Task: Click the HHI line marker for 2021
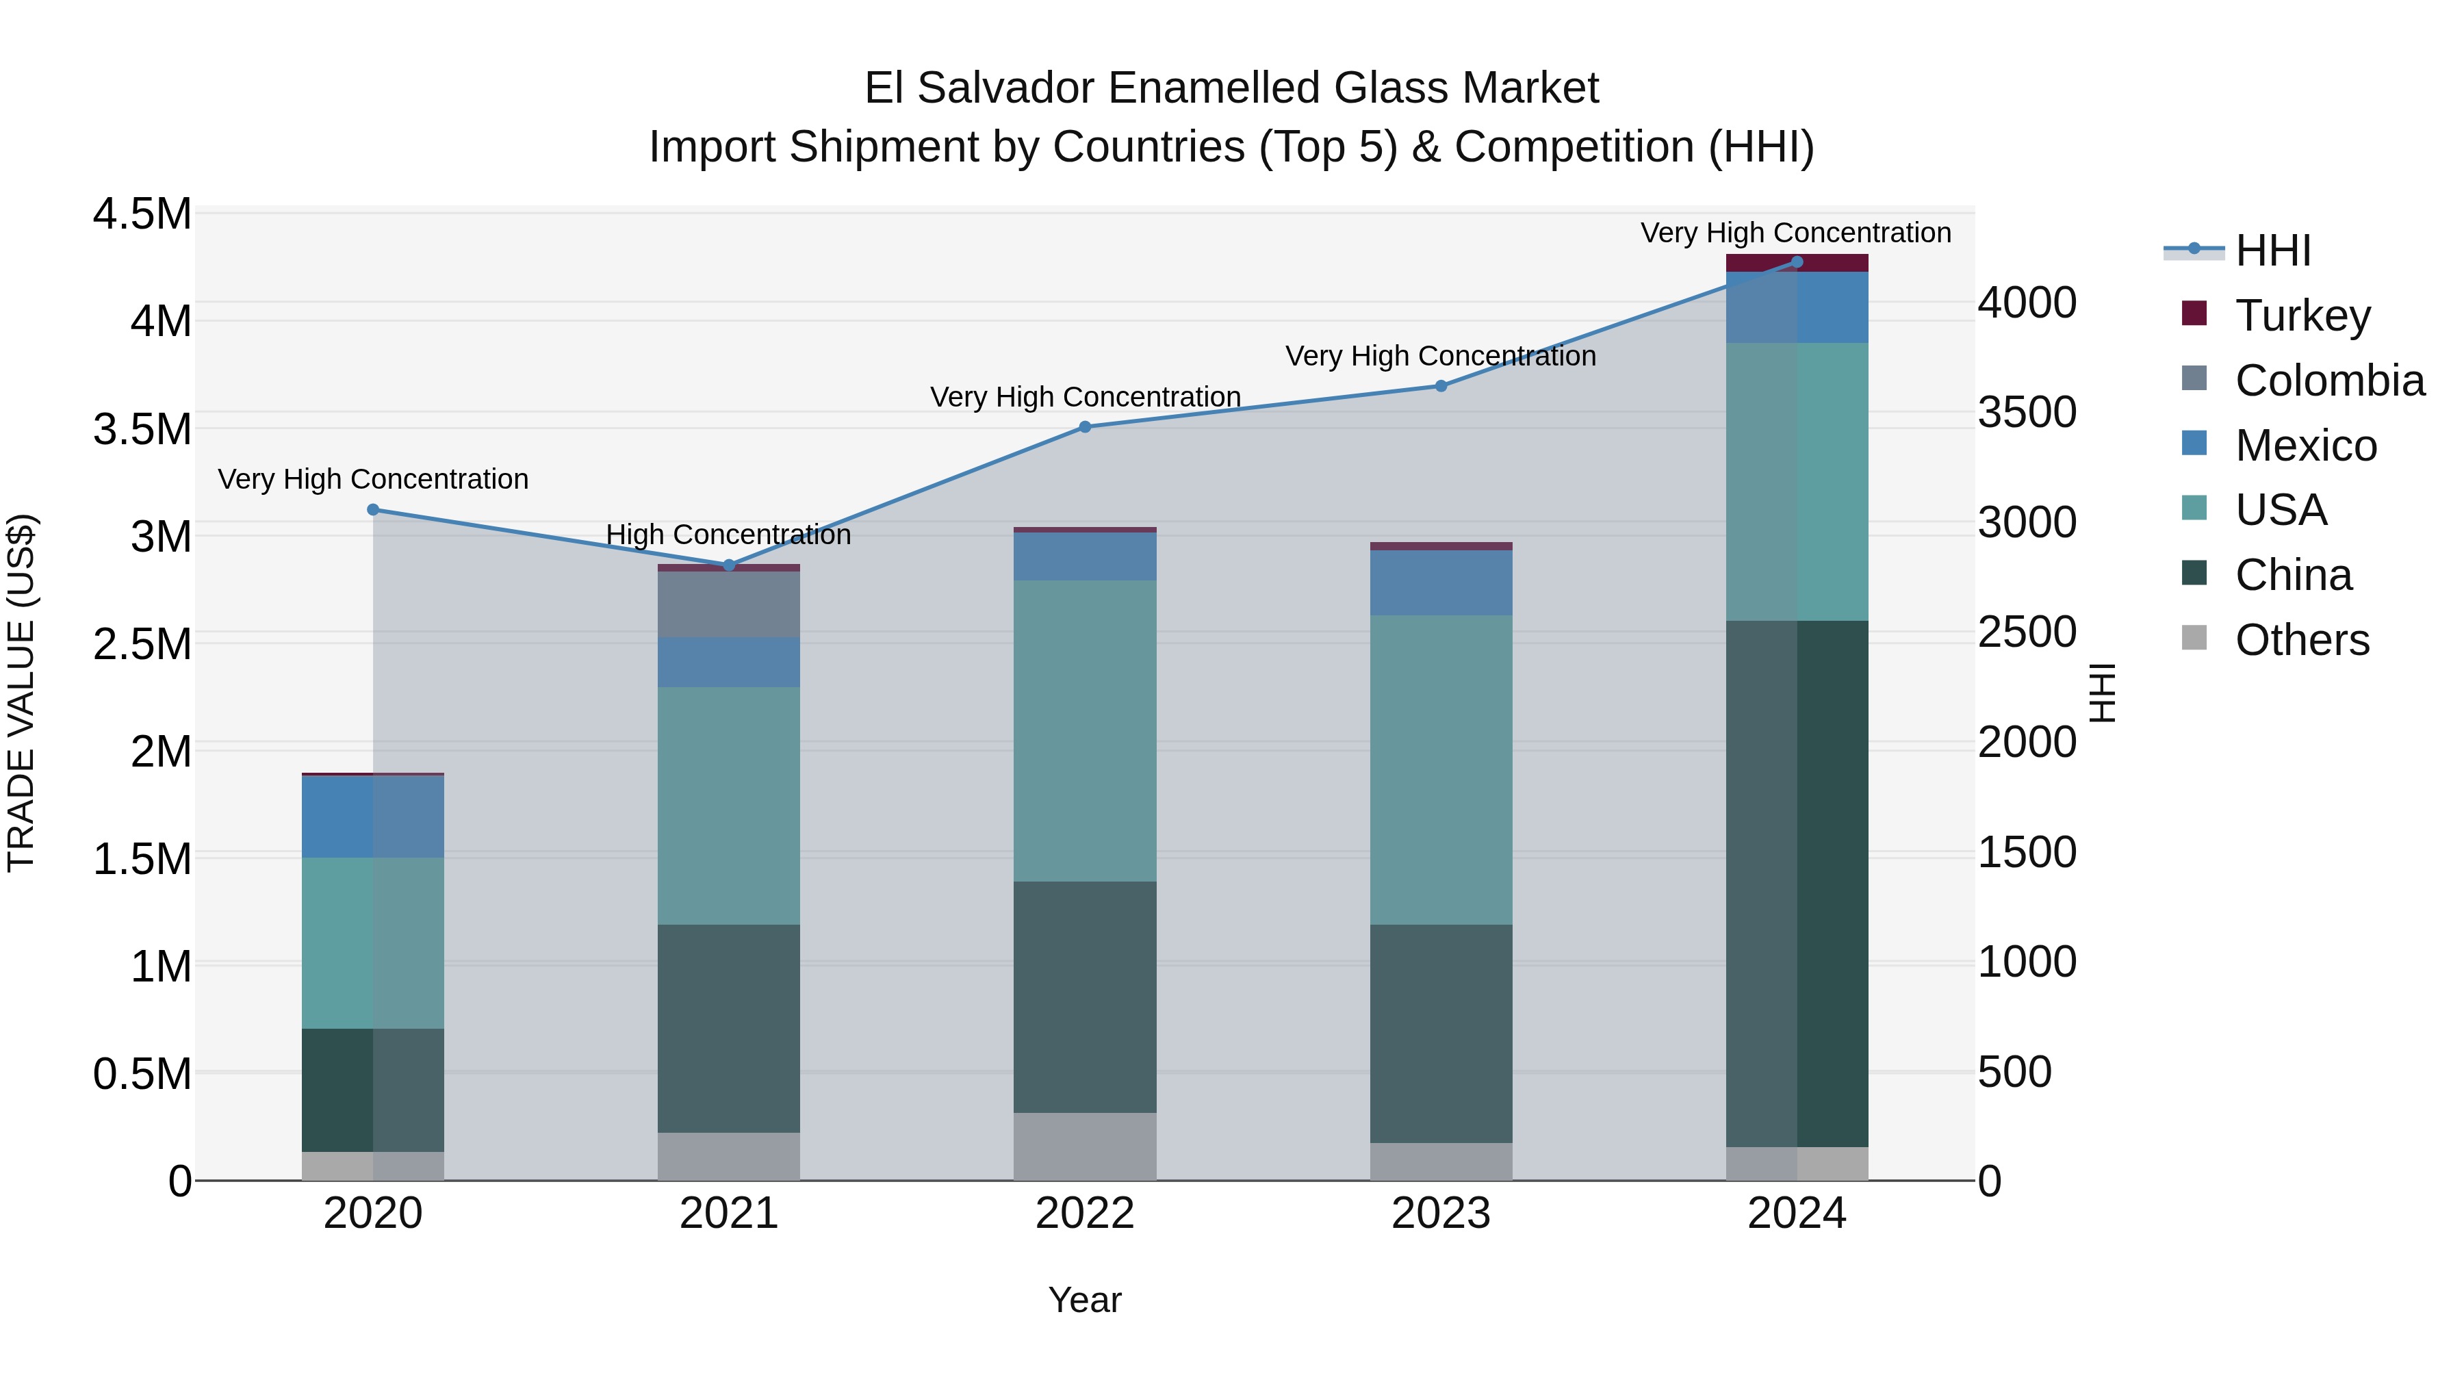[729, 565]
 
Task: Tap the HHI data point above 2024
[1797, 262]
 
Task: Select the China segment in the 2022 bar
[1085, 997]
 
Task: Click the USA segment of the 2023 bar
[1441, 770]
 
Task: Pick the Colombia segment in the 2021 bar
[729, 604]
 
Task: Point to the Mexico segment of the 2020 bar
[373, 816]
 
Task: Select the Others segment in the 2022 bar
[1085, 1146]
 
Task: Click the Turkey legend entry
[2302, 316]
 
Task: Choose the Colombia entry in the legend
[2329, 381]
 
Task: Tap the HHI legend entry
[2272, 251]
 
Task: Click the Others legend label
[2301, 640]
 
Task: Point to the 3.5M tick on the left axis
[142, 428]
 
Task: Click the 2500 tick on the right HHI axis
[2027, 632]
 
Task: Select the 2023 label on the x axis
[1441, 1214]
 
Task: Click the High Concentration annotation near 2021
[729, 535]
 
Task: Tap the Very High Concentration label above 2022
[1085, 397]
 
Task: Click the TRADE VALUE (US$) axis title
[21, 693]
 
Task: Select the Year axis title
[1085, 1300]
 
